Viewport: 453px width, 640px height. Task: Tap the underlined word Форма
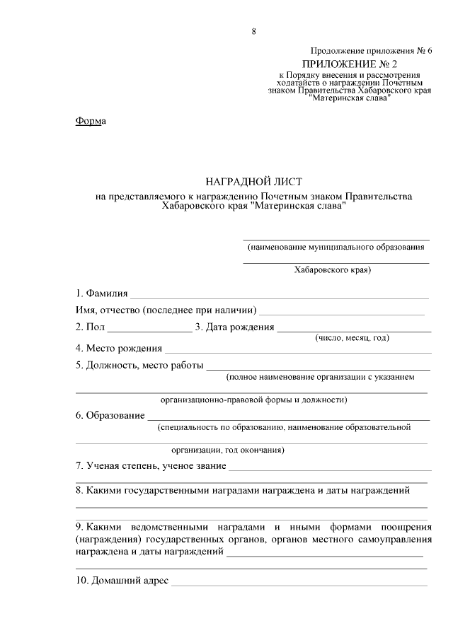click(x=90, y=121)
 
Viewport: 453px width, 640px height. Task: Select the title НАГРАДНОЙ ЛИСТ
click(x=253, y=182)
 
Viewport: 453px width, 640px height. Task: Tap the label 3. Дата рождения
click(x=234, y=327)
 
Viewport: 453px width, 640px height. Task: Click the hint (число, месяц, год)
click(x=352, y=338)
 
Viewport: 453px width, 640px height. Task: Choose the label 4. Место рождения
click(x=119, y=348)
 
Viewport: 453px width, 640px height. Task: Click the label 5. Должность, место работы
click(x=139, y=366)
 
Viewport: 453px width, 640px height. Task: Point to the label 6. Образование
click(x=110, y=415)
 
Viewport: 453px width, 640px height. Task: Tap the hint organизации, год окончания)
click(x=228, y=449)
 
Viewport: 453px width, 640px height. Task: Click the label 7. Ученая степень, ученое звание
click(x=151, y=466)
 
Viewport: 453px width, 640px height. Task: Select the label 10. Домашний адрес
click(x=122, y=581)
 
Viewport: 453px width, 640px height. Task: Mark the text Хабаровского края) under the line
click(x=333, y=269)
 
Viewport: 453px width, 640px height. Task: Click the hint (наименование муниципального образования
click(x=336, y=248)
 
